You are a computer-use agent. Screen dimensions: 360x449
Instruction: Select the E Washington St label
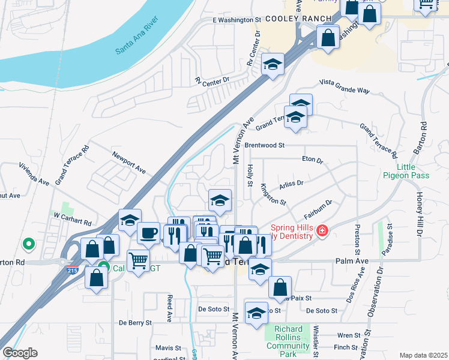[238, 20]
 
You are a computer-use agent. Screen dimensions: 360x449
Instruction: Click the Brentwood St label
[264, 145]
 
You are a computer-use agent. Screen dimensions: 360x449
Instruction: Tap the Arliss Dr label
[291, 182]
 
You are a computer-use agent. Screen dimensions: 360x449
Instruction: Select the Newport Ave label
[129, 163]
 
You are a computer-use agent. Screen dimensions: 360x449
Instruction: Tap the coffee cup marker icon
[148, 232]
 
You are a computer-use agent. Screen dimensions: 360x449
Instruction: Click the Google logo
[20, 352]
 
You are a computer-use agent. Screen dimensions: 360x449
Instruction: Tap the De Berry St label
[135, 323]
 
